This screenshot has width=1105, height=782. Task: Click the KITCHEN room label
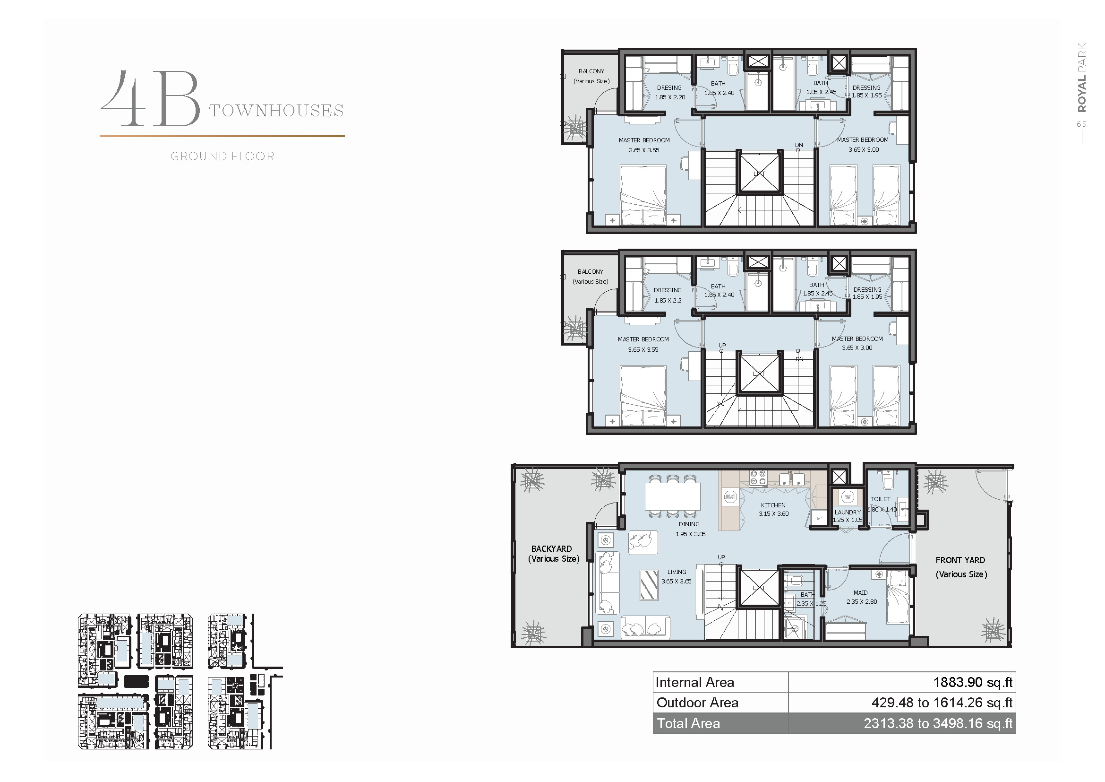(x=773, y=505)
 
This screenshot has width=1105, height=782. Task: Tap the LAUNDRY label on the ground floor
(x=848, y=513)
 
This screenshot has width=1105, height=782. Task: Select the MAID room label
(x=860, y=593)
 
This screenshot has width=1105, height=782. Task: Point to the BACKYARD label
(x=551, y=549)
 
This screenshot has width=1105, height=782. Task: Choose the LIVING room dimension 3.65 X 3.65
(x=676, y=582)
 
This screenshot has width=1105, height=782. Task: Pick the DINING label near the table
(x=689, y=524)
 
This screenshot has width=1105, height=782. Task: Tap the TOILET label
(x=881, y=499)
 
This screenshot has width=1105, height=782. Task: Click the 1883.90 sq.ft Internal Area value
(x=973, y=682)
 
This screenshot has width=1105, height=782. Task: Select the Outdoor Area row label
(x=697, y=703)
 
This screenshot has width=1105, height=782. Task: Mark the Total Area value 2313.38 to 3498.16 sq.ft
(x=938, y=723)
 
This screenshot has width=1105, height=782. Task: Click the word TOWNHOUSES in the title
(x=276, y=111)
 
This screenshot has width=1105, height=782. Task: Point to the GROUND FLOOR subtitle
(x=223, y=156)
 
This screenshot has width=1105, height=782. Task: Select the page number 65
(x=1081, y=124)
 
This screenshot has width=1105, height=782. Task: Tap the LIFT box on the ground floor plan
(x=759, y=588)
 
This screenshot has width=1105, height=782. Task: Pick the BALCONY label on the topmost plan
(x=591, y=71)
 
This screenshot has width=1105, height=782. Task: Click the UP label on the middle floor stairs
(x=722, y=345)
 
